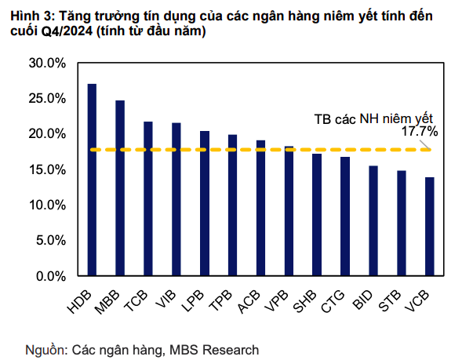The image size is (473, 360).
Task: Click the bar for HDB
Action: click(x=92, y=180)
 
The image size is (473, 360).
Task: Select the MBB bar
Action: click(x=120, y=188)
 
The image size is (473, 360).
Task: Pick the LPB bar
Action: click(x=205, y=203)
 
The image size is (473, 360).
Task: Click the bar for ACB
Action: click(x=260, y=208)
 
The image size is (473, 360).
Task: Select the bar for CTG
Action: click(x=345, y=216)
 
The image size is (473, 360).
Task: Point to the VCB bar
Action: click(x=430, y=227)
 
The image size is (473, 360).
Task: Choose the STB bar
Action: click(x=402, y=224)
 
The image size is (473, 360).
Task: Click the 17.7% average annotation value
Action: click(x=420, y=133)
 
